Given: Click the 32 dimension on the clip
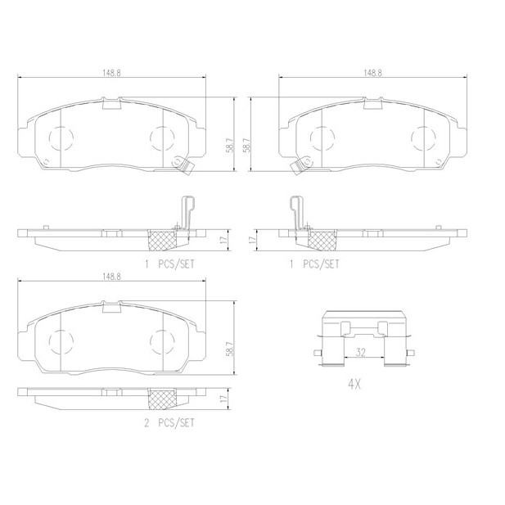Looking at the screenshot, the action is click(361, 353).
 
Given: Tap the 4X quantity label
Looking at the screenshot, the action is click(354, 384).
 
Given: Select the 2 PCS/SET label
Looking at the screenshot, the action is click(169, 423).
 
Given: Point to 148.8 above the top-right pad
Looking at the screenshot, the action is click(372, 73).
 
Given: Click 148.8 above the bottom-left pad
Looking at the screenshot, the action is click(111, 277).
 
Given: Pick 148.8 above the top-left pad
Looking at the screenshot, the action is click(111, 73).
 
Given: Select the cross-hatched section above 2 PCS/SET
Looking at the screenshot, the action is click(162, 399).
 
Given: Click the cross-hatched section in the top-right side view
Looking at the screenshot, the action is click(322, 240).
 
